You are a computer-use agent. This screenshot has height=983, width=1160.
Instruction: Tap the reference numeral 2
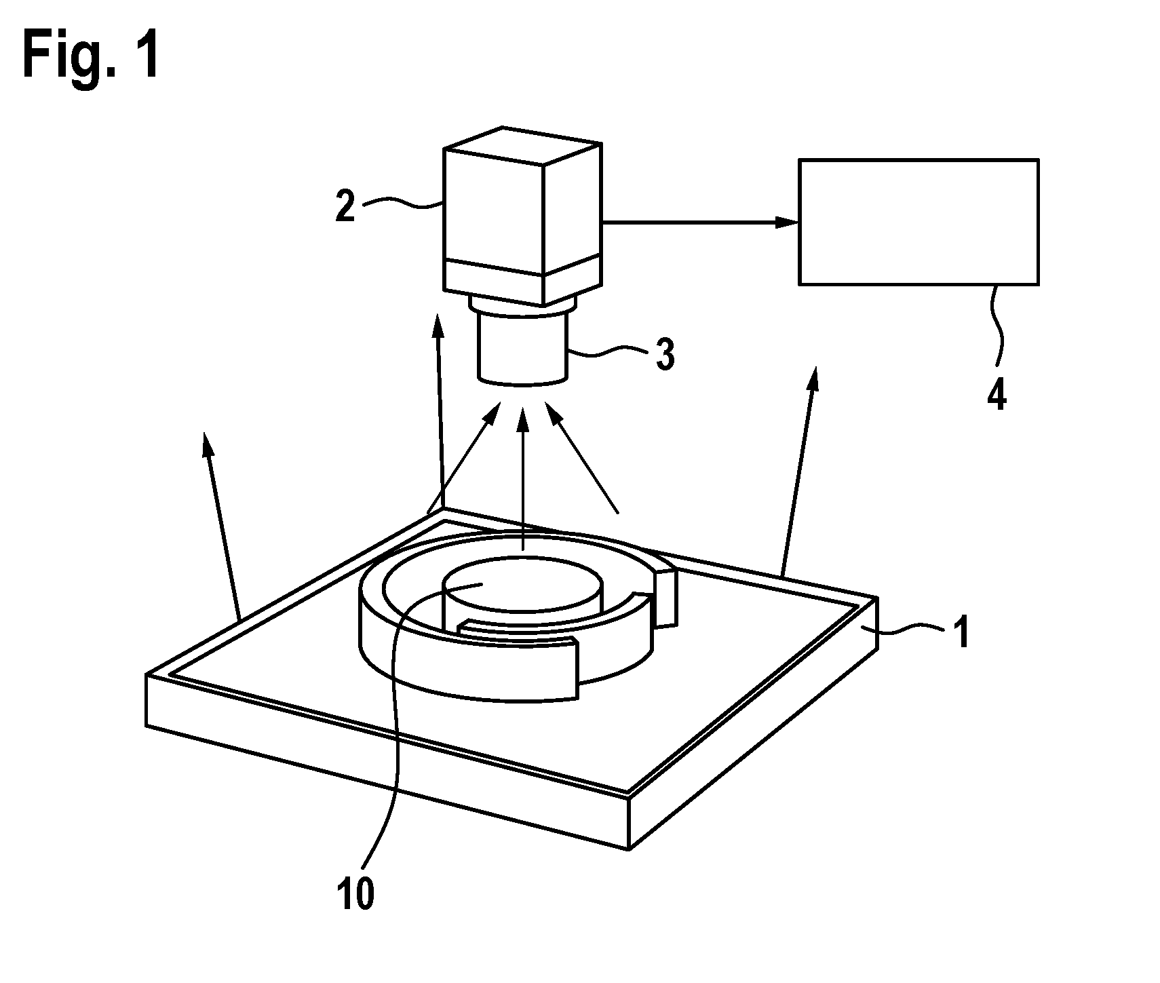345,206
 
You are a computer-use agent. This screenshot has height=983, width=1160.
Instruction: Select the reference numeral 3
665,353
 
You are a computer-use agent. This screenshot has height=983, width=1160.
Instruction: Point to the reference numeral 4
996,393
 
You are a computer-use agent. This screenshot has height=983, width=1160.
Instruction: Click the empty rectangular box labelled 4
919,221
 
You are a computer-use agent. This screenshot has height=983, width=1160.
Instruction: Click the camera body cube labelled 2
522,215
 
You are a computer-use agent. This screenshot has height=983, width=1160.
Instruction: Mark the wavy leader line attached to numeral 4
997,324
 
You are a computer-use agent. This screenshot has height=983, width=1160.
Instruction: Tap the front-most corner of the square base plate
630,848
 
